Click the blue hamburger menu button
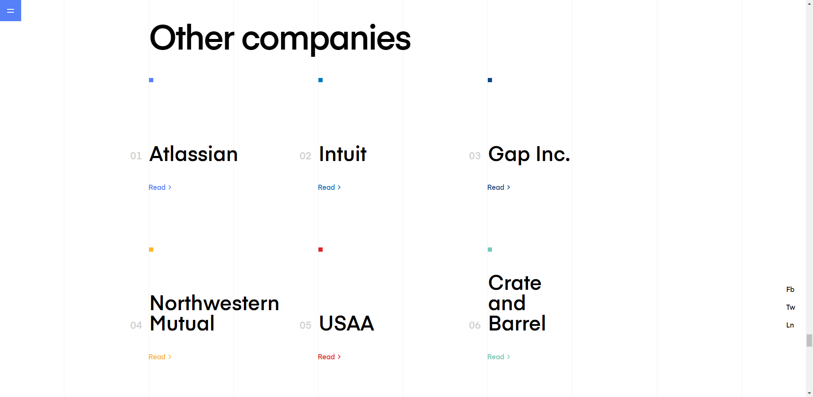[11, 11]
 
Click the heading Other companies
[280, 38]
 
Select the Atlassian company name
[194, 154]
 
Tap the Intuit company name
[343, 154]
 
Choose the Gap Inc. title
[529, 155]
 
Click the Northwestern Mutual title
[214, 313]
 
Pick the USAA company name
[346, 323]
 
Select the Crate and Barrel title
[517, 303]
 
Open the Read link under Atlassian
[160, 187]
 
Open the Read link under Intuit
[329, 187]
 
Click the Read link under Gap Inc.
[499, 187]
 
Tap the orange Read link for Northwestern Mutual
[160, 357]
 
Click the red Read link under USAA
[329, 357]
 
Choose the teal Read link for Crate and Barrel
[499, 357]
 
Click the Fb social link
[790, 289]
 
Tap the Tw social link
[791, 307]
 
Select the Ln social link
[790, 325]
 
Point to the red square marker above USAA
[321, 250]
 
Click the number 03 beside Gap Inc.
[475, 156]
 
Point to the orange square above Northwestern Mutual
[151, 250]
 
